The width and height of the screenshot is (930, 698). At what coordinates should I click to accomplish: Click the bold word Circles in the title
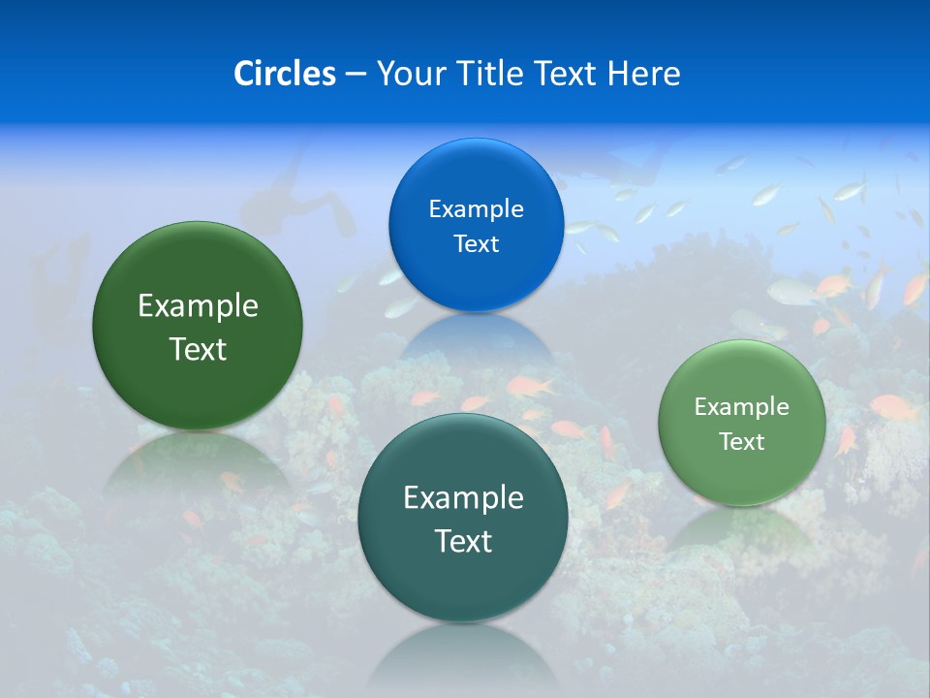pos(284,73)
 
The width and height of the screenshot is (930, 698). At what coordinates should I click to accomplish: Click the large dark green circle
pos(198,326)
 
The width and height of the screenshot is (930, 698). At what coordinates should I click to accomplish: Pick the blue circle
pos(476,225)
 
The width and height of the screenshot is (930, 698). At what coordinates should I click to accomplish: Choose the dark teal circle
pos(463,518)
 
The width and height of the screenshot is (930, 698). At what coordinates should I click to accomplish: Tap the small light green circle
pos(742,423)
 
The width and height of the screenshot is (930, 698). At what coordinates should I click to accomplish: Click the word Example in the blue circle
pos(476,208)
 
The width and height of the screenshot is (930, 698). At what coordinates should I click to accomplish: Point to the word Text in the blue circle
pos(476,243)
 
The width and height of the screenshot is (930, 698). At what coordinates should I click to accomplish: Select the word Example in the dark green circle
pos(198,306)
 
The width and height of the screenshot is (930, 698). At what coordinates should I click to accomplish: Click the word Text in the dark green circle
pos(198,349)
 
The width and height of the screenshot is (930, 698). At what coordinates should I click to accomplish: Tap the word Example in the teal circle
pos(463,498)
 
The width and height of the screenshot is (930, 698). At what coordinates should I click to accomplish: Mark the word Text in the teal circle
pos(463,541)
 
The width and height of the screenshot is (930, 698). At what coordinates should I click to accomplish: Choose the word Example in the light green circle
pos(742,407)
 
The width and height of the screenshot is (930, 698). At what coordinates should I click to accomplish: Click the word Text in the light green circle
pos(742,442)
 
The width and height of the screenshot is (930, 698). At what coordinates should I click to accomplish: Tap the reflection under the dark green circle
pos(199,460)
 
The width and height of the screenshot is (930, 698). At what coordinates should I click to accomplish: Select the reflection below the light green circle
pos(741,528)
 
